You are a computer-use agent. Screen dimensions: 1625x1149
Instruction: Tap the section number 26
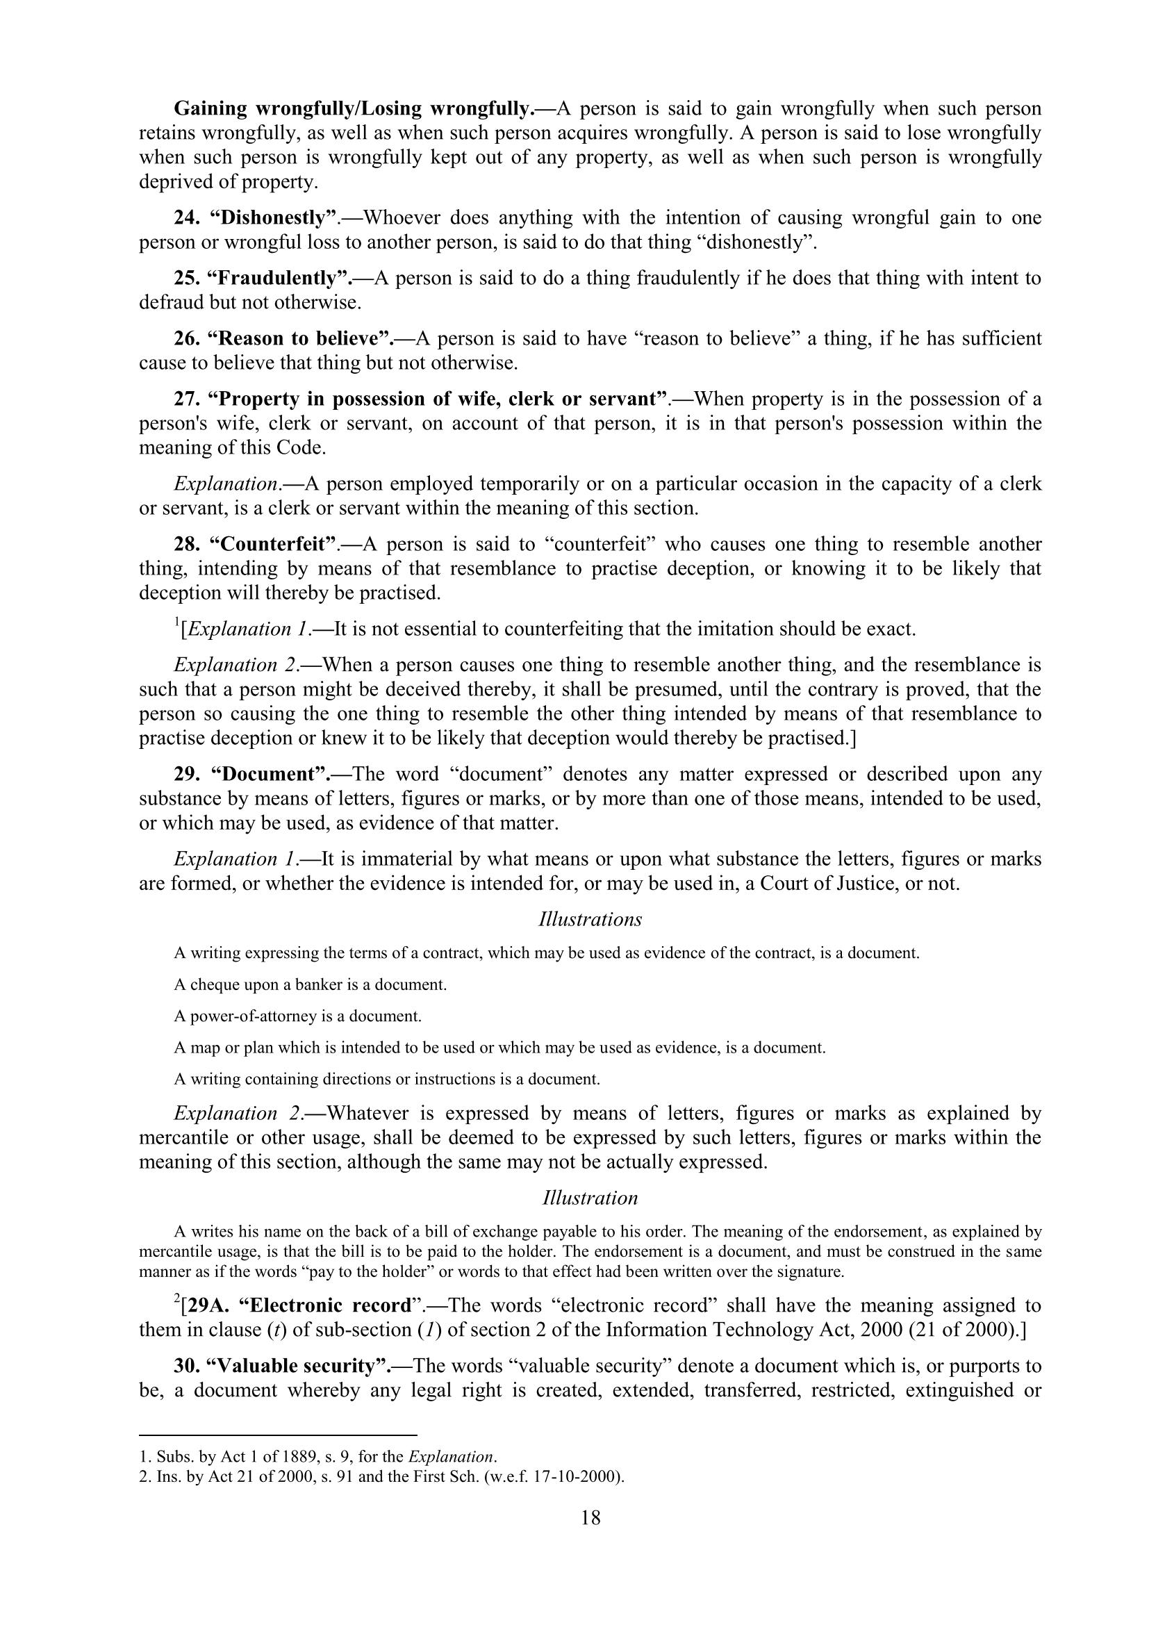pyautogui.click(x=188, y=339)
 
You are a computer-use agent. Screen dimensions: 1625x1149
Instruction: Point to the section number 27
pyautogui.click(x=188, y=399)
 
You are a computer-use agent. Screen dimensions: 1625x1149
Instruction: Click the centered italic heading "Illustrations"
pyautogui.click(x=590, y=919)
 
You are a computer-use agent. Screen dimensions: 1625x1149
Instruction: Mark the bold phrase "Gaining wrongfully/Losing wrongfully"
pyautogui.click(x=352, y=109)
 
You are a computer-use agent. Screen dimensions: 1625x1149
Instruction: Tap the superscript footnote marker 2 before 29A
pyautogui.click(x=177, y=1299)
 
